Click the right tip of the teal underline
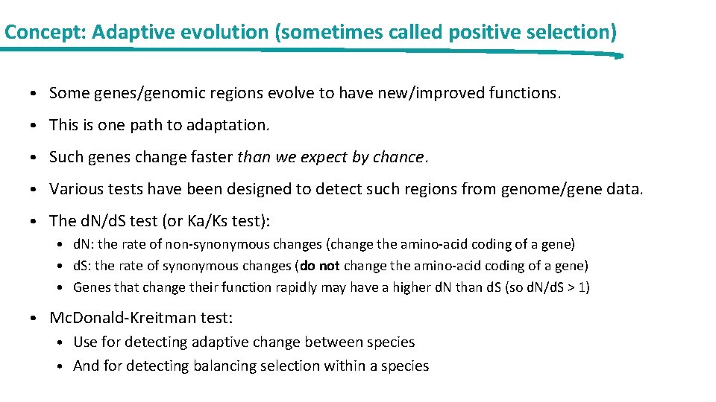620,56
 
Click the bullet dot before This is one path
35,125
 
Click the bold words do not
319,266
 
